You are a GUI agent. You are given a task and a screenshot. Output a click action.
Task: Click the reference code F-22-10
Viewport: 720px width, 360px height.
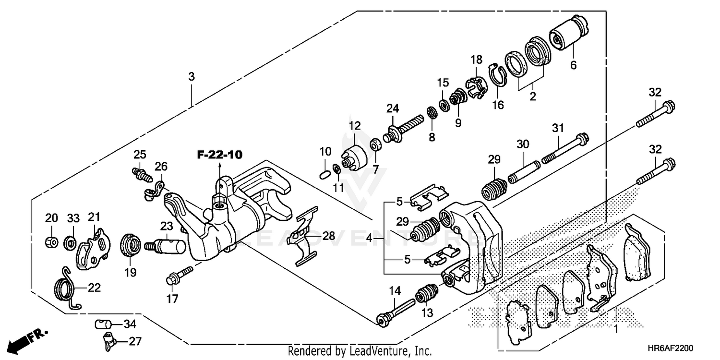coord(219,155)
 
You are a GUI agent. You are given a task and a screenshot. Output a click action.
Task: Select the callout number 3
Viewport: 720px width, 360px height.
coord(192,77)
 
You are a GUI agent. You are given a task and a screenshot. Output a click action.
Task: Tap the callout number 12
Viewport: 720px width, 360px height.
coord(354,126)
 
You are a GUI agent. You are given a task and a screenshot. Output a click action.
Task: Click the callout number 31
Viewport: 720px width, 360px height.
coord(557,129)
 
